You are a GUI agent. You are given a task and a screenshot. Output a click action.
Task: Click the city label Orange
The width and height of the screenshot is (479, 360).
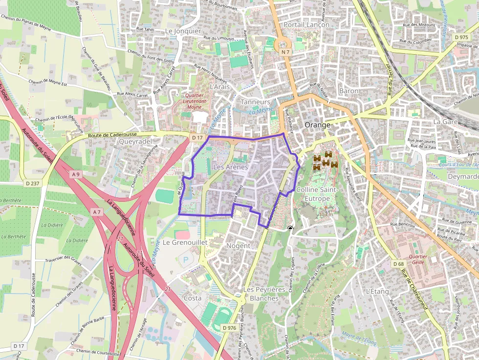click(x=317, y=125)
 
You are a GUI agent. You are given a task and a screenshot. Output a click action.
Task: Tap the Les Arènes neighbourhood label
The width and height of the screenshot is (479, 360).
click(x=231, y=167)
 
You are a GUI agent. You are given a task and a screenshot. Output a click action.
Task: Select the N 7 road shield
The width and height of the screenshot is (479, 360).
click(x=285, y=52)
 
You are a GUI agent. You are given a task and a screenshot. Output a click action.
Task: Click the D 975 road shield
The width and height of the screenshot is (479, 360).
click(x=461, y=37)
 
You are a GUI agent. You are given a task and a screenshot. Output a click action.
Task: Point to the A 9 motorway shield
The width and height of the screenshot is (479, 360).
click(x=75, y=174)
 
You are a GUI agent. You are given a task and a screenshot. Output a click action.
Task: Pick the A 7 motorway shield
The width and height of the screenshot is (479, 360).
click(x=96, y=212)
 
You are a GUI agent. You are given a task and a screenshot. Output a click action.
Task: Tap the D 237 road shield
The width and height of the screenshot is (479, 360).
click(x=32, y=183)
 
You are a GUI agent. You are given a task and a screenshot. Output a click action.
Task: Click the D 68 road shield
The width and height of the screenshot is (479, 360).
click(x=398, y=264)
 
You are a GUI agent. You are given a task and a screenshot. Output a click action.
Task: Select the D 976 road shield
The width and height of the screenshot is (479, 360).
click(x=229, y=328)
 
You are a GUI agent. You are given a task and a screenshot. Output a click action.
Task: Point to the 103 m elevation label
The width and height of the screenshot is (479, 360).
click(x=326, y=214)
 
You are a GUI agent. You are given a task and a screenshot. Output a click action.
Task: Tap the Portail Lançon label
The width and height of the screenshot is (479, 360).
click(x=306, y=24)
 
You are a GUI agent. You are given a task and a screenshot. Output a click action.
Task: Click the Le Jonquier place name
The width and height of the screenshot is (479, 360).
click(x=183, y=31)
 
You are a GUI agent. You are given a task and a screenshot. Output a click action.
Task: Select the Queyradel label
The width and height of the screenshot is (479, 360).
click(x=132, y=141)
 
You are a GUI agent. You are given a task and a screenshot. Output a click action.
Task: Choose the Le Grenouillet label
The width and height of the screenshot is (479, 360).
click(x=185, y=242)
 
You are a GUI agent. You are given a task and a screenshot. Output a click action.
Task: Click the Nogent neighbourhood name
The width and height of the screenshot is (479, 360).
click(x=239, y=246)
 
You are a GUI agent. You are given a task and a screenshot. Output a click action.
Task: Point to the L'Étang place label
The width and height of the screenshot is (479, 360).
click(x=377, y=292)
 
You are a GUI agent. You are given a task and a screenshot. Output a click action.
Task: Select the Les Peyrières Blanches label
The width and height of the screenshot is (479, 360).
click(x=261, y=294)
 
